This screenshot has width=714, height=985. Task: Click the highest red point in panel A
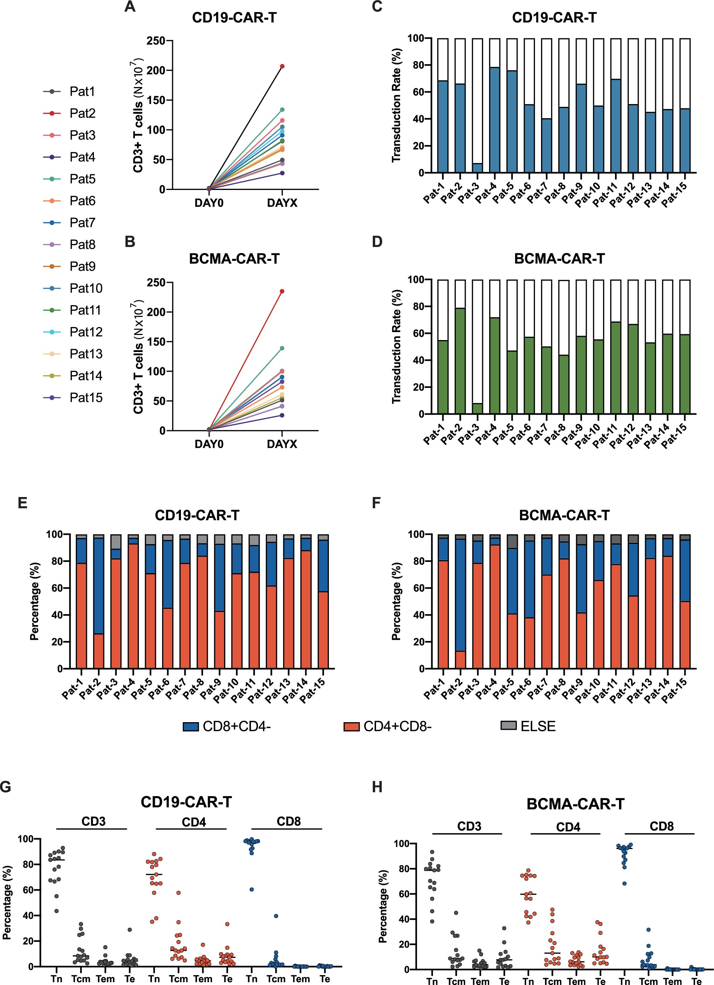pos(282,66)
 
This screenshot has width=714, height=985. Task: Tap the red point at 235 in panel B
pos(282,291)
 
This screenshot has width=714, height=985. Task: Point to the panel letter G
pos(6,787)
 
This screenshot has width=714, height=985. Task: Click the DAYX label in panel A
pos(282,203)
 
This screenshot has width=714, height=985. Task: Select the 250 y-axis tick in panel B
pos(156,283)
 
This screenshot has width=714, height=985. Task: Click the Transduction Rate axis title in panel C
pos(396,105)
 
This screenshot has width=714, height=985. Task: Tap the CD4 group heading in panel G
pos(194,822)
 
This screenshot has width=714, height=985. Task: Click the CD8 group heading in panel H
pos(661,826)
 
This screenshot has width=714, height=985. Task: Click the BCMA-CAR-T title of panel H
pos(575,804)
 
